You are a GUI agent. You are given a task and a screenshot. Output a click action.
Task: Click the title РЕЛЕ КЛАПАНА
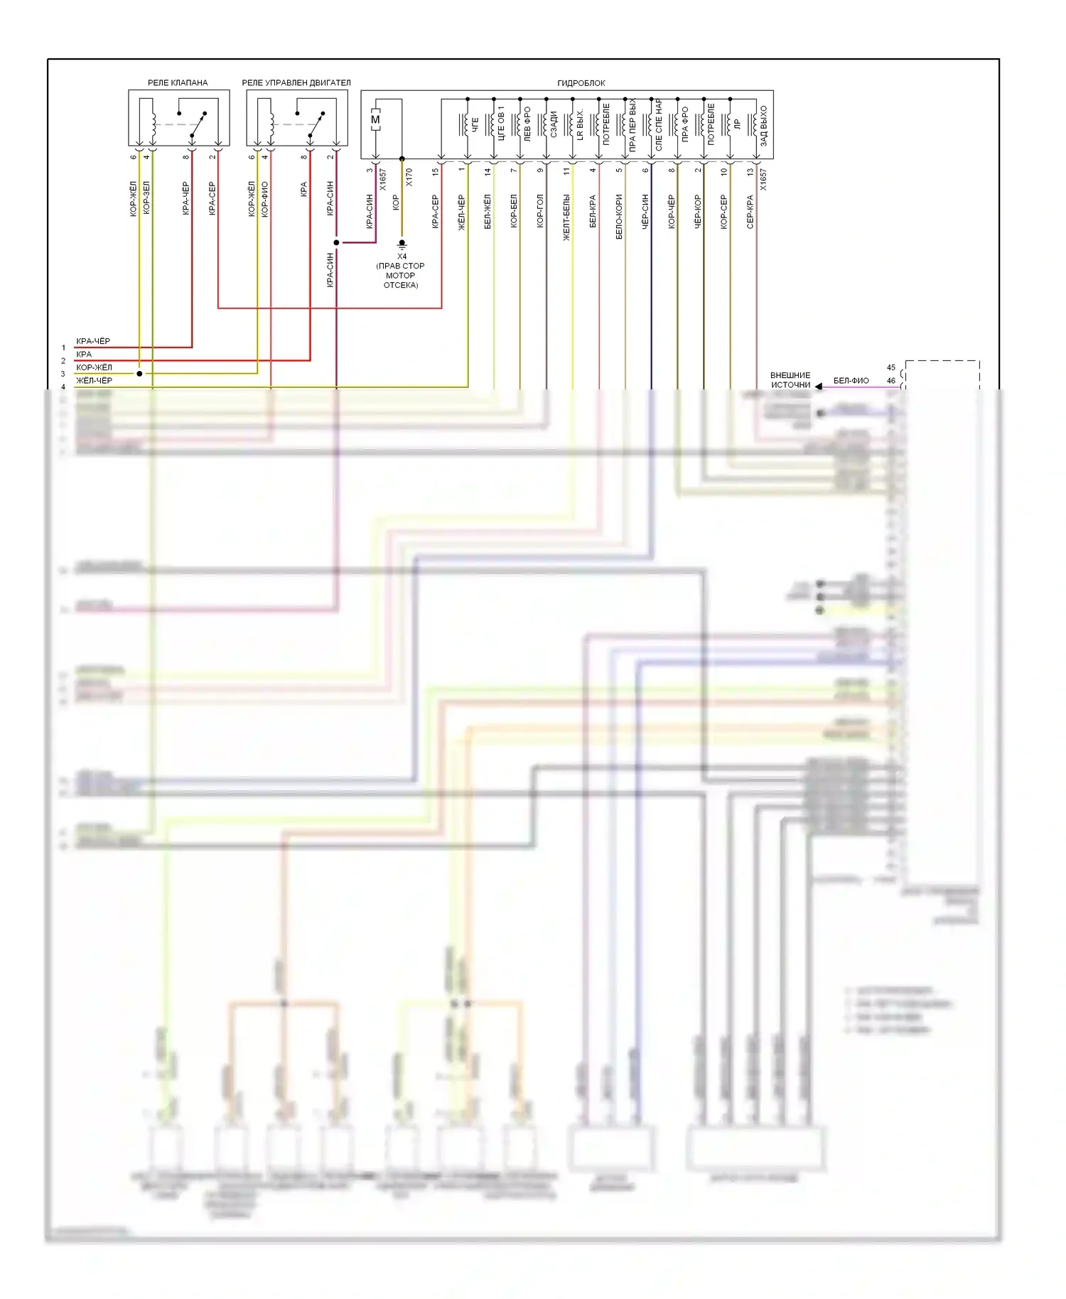click(x=178, y=83)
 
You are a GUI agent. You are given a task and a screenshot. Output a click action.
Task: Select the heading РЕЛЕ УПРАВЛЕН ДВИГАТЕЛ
click(x=296, y=83)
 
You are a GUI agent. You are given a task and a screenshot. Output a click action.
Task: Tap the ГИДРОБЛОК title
click(x=581, y=83)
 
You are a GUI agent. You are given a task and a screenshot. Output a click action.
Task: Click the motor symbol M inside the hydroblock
click(x=375, y=120)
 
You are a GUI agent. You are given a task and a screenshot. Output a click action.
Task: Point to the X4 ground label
click(x=402, y=257)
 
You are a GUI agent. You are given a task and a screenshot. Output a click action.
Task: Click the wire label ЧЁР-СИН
click(x=645, y=211)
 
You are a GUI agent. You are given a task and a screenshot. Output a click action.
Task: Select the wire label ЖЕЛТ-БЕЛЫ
click(x=566, y=217)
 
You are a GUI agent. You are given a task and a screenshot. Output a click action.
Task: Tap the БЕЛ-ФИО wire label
click(x=851, y=381)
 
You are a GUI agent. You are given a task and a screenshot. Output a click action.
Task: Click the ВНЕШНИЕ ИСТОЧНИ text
click(x=790, y=380)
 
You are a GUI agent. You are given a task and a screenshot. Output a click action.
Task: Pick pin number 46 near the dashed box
click(x=891, y=381)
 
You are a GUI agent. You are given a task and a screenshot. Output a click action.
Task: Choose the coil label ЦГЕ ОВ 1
click(x=501, y=124)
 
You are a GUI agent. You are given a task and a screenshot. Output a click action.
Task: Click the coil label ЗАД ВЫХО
click(x=764, y=126)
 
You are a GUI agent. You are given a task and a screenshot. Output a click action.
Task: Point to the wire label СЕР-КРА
click(x=750, y=212)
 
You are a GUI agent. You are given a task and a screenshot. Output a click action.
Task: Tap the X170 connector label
click(x=409, y=178)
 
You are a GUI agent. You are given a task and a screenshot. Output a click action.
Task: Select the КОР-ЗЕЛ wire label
click(x=146, y=198)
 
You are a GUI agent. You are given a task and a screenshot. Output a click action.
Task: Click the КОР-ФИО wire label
click(x=264, y=199)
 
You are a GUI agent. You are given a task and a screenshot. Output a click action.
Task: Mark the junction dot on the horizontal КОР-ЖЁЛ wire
click(x=139, y=373)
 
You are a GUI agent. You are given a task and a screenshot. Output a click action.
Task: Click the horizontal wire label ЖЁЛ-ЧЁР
click(x=94, y=381)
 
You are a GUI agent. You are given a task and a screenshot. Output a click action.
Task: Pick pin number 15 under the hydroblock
click(x=436, y=171)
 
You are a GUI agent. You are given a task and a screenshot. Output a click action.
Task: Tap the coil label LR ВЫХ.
click(x=580, y=125)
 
